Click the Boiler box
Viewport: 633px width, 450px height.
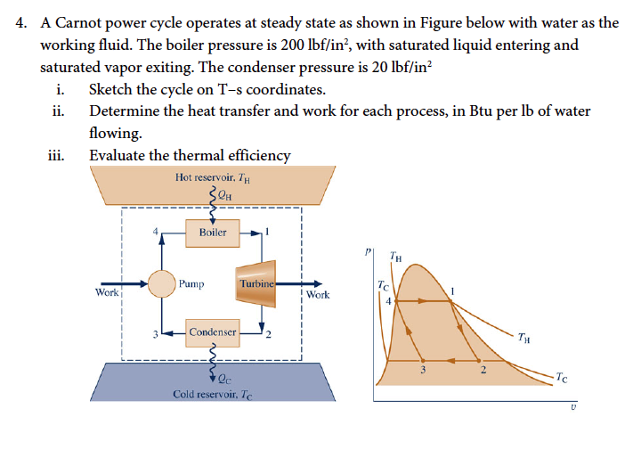[213, 233]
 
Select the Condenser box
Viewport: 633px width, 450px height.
[213, 332]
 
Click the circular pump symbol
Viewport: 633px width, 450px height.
[162, 283]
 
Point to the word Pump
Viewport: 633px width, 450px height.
[191, 284]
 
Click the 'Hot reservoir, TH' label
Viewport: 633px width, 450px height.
[214, 176]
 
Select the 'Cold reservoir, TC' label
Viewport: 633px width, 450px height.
[213, 394]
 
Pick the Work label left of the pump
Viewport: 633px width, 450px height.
[107, 291]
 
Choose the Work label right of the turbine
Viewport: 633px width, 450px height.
[317, 294]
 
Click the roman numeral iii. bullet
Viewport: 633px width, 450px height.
[55, 155]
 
